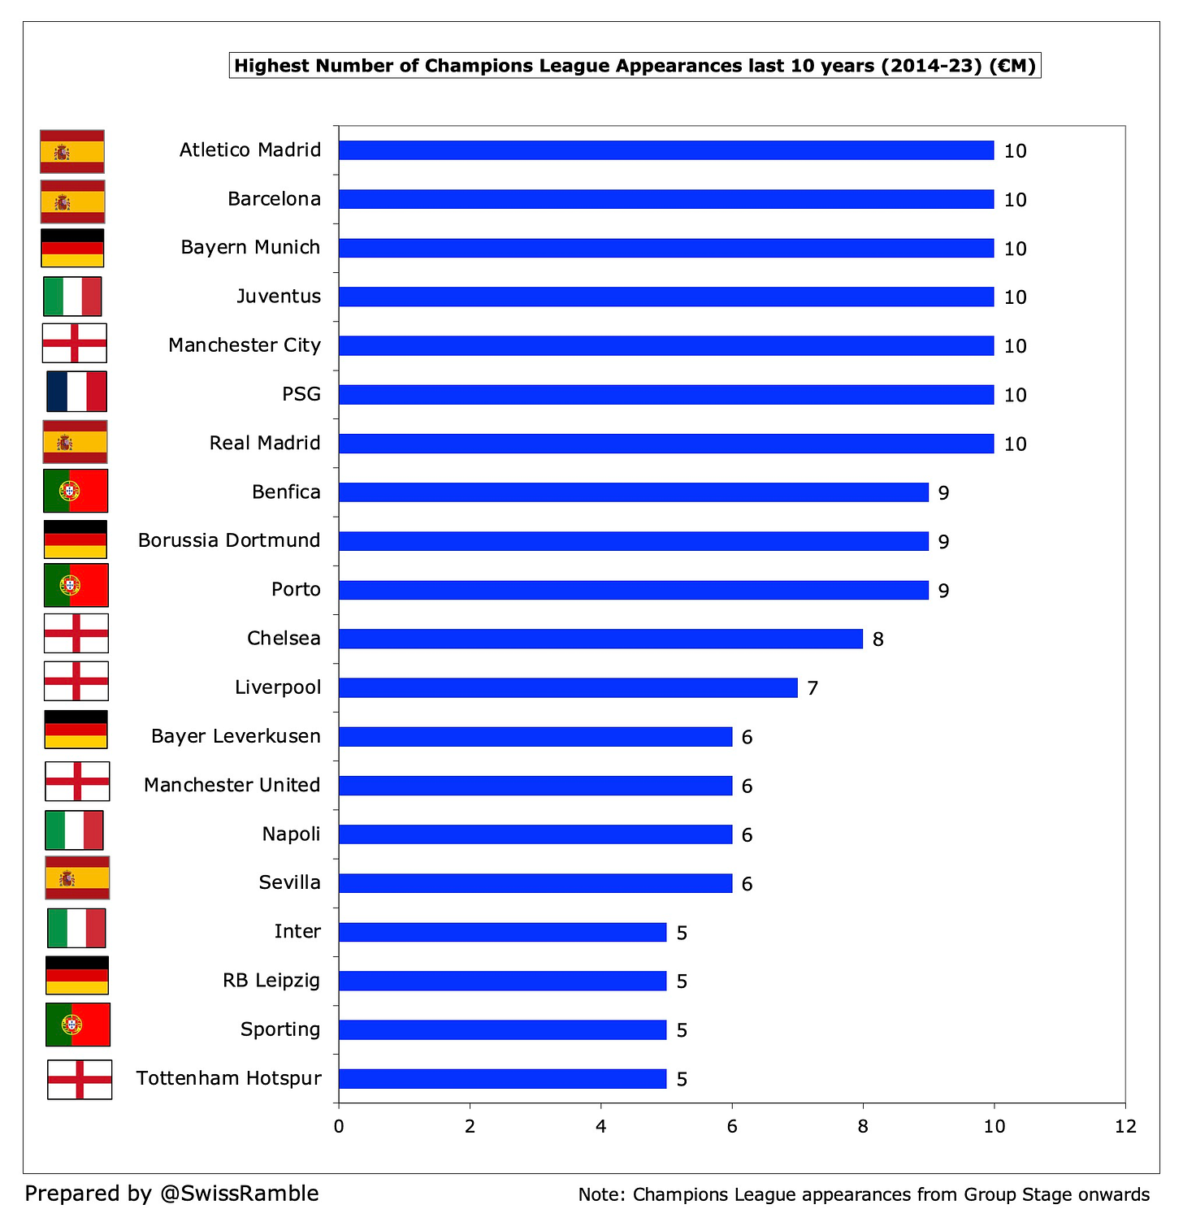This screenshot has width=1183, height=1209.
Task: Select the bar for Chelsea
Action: pyautogui.click(x=600, y=639)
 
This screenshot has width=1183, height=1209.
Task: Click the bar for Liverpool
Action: pyautogui.click(x=568, y=687)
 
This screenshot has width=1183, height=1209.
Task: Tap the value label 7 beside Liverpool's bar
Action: pyautogui.click(x=812, y=688)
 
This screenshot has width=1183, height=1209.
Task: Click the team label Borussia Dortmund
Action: pyautogui.click(x=229, y=540)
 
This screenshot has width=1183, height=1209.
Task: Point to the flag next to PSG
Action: pyautogui.click(x=76, y=392)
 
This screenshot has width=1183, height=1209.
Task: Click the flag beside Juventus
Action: pyautogui.click(x=72, y=296)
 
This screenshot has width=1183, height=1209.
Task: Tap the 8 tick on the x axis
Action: pyautogui.click(x=863, y=1126)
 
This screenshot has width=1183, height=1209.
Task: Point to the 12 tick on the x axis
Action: pyautogui.click(x=1125, y=1126)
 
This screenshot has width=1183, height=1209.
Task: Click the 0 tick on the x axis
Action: pyautogui.click(x=338, y=1126)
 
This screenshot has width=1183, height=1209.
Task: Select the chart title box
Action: pyautogui.click(x=635, y=66)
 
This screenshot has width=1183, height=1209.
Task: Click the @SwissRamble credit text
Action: pyautogui.click(x=240, y=1193)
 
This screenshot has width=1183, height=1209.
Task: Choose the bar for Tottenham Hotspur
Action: pyautogui.click(x=502, y=1078)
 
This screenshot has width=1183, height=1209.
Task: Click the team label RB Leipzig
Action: pyautogui.click(x=271, y=981)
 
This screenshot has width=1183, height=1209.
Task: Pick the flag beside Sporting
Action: pyautogui.click(x=78, y=1025)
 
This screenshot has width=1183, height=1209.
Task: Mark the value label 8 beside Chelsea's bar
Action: pyautogui.click(x=877, y=639)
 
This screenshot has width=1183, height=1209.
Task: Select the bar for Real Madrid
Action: pyautogui.click(x=665, y=443)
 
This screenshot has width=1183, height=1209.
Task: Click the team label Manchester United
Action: pyautogui.click(x=232, y=785)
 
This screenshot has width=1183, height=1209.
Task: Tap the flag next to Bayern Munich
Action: pyautogui.click(x=72, y=248)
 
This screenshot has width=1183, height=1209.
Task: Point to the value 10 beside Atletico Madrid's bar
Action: pyautogui.click(x=1015, y=151)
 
